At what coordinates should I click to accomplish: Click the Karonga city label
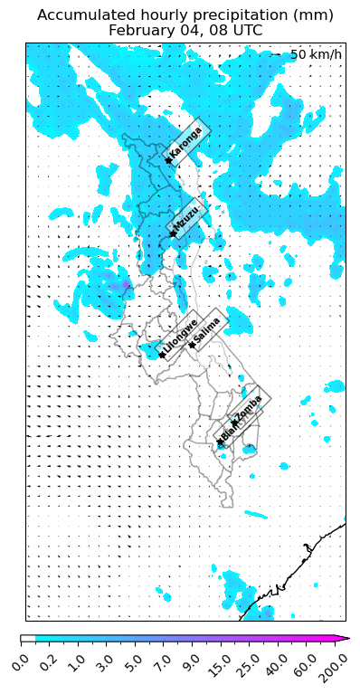click(186, 143)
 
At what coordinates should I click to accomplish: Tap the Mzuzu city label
click(187, 218)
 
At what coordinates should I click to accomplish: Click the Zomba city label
click(248, 407)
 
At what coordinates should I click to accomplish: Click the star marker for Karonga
click(168, 161)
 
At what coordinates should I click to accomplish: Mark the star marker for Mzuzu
click(173, 234)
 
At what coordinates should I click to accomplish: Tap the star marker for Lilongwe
click(162, 355)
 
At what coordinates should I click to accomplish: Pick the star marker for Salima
click(192, 345)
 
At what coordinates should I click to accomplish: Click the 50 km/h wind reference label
click(316, 55)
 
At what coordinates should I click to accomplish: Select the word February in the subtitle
click(140, 30)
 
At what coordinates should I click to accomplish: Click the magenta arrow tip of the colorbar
click(346, 640)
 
